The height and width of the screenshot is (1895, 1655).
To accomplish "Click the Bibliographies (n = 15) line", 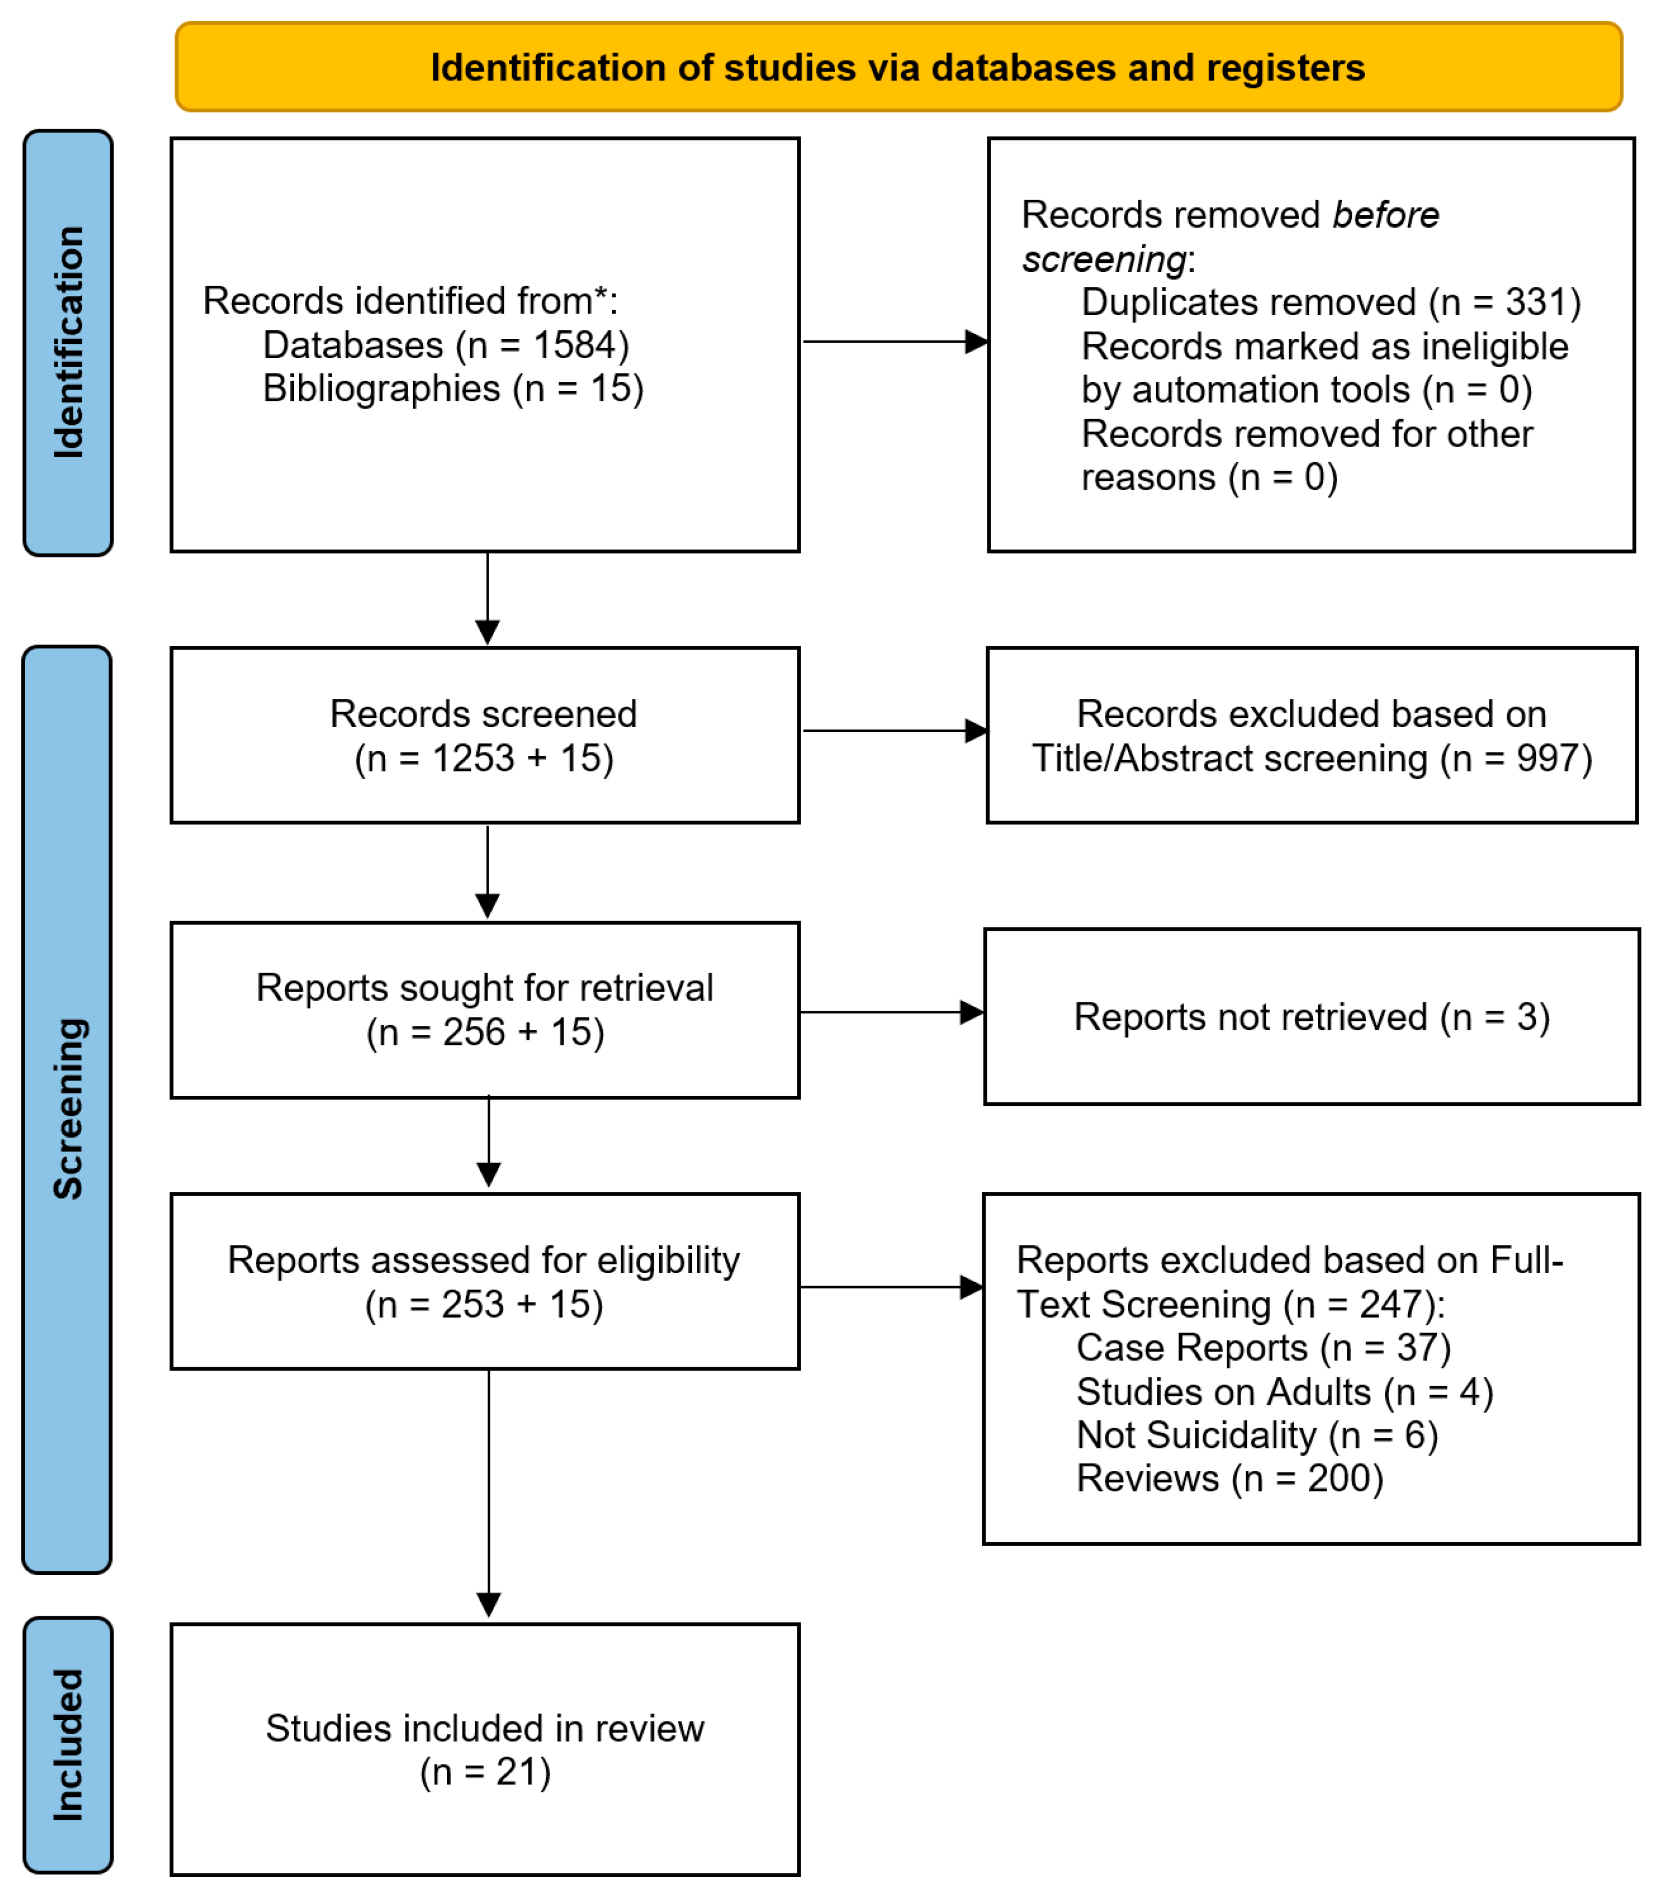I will coord(453,389).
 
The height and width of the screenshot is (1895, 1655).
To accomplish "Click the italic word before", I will coord(1385,215).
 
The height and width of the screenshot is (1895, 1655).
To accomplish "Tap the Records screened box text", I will coord(484,736).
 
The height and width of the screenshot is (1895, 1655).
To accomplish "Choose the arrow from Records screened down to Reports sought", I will coord(487,872).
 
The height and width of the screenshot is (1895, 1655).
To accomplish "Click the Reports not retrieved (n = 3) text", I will coord(1311,1017).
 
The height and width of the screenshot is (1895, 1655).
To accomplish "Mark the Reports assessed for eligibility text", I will coord(484,1260).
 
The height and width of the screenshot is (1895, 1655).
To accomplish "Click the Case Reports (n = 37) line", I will coord(1263,1348).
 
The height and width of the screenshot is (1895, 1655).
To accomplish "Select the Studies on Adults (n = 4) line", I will coord(1284,1392).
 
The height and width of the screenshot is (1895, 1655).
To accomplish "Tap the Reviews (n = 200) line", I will coord(1229,1479).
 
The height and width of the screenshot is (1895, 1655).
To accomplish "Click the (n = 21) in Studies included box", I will coord(485,1772).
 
